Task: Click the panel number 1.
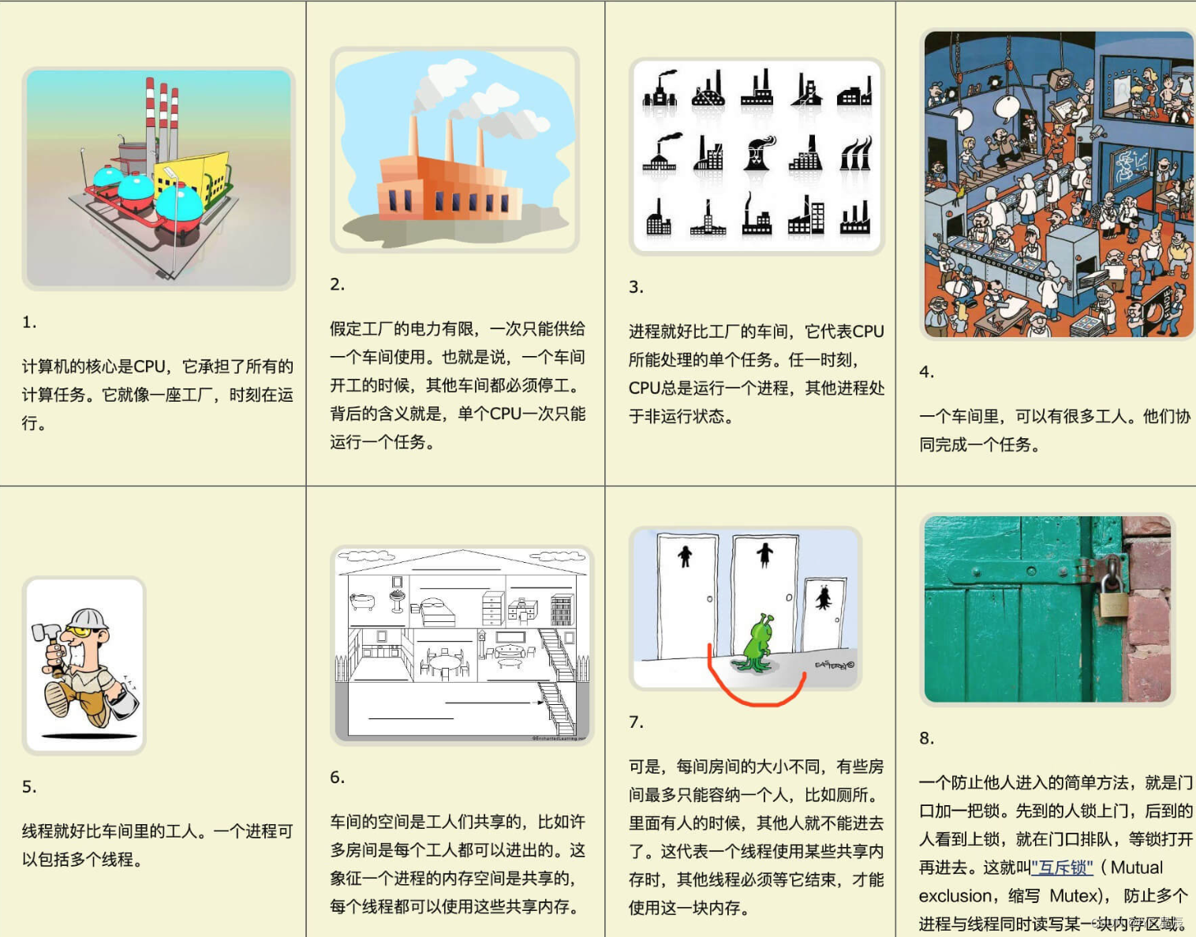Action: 28,322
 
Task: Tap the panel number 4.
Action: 926,372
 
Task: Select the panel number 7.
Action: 636,722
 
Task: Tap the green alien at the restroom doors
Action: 756,643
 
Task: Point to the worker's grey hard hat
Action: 86,619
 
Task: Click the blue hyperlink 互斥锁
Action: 1062,868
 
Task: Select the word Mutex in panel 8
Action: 1074,896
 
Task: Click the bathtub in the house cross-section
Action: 362,602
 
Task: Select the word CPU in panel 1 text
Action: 149,366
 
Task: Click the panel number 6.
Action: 337,778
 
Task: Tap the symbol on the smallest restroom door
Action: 824,598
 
